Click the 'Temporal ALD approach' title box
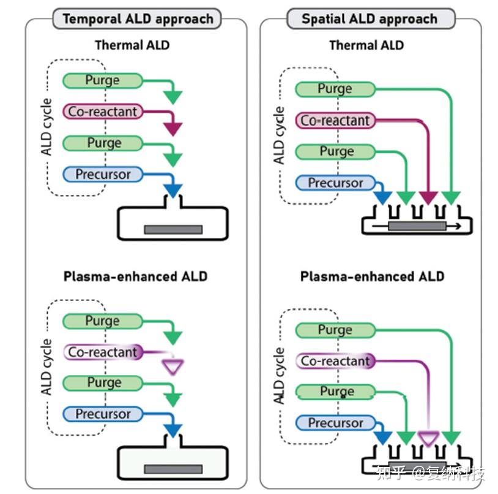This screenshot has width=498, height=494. coord(137,19)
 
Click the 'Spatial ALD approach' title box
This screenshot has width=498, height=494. coord(371,19)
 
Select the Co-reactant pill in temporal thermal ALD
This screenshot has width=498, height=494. coord(103,112)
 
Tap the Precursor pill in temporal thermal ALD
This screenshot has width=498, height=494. coord(103,174)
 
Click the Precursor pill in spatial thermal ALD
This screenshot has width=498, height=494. coord(335,183)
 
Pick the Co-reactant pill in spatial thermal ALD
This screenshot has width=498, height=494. coord(335,121)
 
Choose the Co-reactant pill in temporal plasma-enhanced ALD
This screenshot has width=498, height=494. coord(103,352)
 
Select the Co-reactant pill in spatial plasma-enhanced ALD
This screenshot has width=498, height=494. coord(335,361)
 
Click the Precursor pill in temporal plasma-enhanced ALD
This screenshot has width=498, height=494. coord(103,414)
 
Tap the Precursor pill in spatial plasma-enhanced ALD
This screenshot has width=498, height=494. coord(335,423)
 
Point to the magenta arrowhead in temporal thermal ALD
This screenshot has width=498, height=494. coord(173,129)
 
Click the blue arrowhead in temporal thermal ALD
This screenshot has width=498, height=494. coord(173,190)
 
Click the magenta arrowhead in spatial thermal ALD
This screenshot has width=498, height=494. coord(428,197)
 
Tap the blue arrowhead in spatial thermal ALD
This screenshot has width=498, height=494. coord(383,197)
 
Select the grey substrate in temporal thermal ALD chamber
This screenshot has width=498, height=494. coord(173,230)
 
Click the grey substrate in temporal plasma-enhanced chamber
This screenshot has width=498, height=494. coord(173,469)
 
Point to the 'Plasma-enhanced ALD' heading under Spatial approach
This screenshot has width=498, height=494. coord(372,277)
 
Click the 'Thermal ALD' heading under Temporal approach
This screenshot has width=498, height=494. coord(132,45)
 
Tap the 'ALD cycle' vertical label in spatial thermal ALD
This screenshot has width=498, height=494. coord(279,135)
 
